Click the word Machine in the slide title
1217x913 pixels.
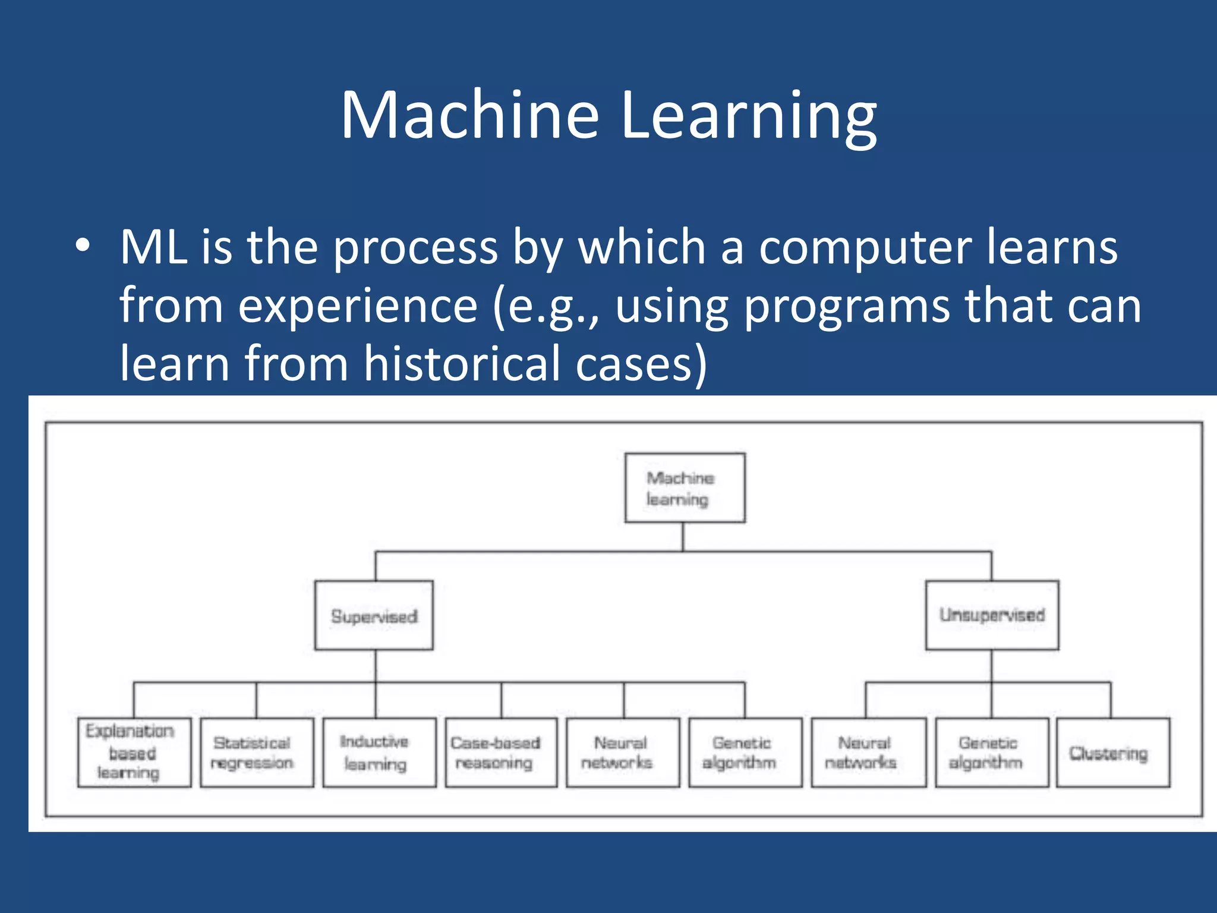[469, 115]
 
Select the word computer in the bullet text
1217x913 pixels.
[865, 248]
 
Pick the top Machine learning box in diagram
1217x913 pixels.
[685, 488]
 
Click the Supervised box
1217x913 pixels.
[374, 615]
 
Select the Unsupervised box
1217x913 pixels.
[992, 615]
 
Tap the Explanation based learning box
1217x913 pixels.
[134, 753]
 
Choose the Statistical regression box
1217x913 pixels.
[257, 753]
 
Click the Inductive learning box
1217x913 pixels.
[379, 753]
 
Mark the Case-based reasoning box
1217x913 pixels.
[501, 753]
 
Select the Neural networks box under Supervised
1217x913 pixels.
[622, 753]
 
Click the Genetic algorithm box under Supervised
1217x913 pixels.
[745, 753]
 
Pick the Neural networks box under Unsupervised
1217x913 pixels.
[868, 753]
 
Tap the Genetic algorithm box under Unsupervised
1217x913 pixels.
[991, 753]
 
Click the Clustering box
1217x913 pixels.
[1113, 753]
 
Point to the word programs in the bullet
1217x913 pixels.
[847, 307]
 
